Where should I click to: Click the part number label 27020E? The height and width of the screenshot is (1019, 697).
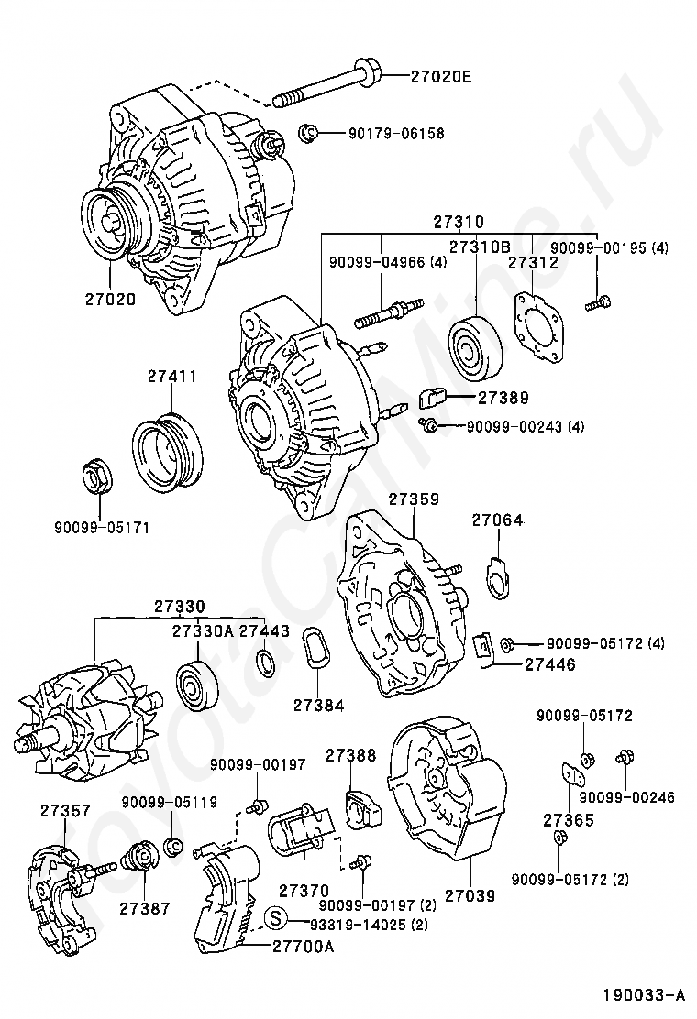tap(441, 77)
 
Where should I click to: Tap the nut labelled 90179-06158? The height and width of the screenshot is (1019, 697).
tap(306, 133)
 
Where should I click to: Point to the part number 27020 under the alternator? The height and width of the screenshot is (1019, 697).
tap(110, 299)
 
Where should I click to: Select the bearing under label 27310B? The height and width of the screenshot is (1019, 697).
tap(475, 350)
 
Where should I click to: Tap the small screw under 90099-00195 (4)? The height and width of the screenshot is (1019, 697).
tap(598, 302)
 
